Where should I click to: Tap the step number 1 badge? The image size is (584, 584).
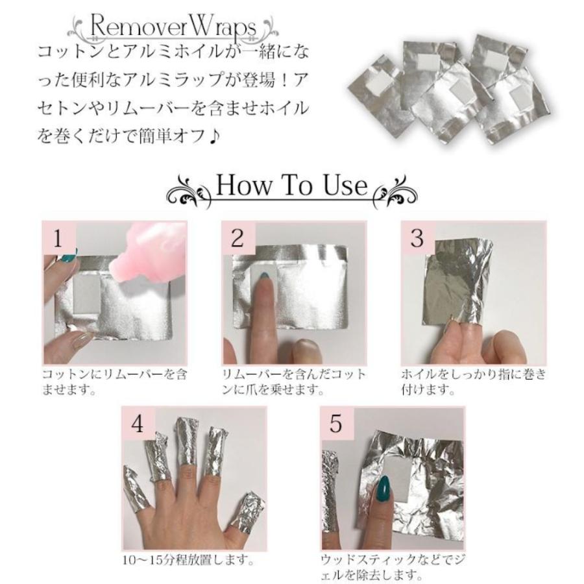click(58, 238)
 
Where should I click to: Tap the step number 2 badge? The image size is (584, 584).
click(237, 238)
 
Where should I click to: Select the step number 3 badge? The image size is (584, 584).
click(417, 238)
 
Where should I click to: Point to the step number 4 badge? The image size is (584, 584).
click(138, 423)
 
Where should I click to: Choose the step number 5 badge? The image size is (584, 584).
click(336, 423)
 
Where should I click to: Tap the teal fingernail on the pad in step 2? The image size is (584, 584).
click(263, 281)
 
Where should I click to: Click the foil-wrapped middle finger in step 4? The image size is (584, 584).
click(187, 441)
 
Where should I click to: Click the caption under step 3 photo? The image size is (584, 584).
click(473, 382)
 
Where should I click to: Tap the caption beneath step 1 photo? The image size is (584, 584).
click(114, 382)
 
